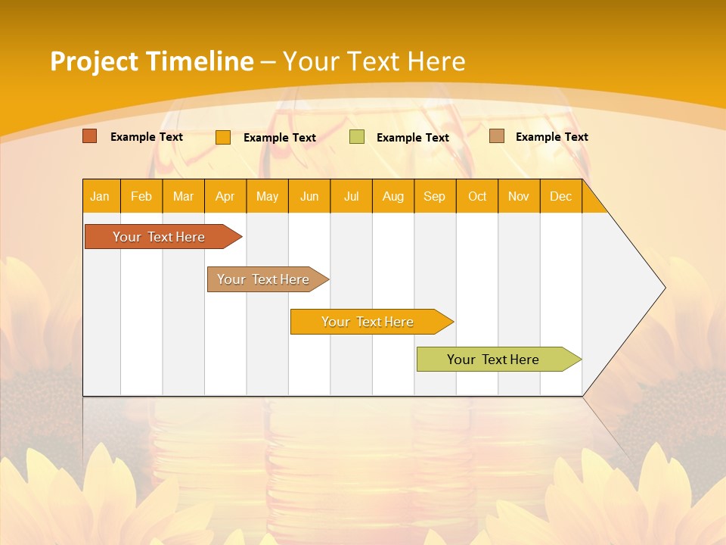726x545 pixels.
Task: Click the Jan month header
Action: pyautogui.click(x=101, y=196)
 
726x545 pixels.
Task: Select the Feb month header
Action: pyautogui.click(x=141, y=196)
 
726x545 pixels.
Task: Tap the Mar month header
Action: pyautogui.click(x=183, y=196)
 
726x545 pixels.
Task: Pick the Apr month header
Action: pyautogui.click(x=225, y=196)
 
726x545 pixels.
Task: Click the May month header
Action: pyautogui.click(x=267, y=196)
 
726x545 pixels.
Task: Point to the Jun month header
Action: pyautogui.click(x=309, y=196)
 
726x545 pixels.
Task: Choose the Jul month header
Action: pyautogui.click(x=351, y=196)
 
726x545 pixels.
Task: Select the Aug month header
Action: pyautogui.click(x=393, y=196)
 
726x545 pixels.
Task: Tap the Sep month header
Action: pyautogui.click(x=435, y=196)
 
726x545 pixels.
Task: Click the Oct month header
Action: pyautogui.click(x=477, y=196)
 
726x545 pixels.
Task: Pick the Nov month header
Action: pyautogui.click(x=519, y=196)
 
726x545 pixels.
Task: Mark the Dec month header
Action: pyautogui.click(x=561, y=196)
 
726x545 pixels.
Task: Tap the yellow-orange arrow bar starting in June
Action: pyautogui.click(x=368, y=322)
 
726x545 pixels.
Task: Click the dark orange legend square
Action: pyautogui.click(x=90, y=136)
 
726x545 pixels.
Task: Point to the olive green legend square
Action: pyautogui.click(x=357, y=137)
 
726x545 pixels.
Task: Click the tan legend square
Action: pyautogui.click(x=497, y=136)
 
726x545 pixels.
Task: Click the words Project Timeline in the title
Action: pyautogui.click(x=152, y=61)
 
